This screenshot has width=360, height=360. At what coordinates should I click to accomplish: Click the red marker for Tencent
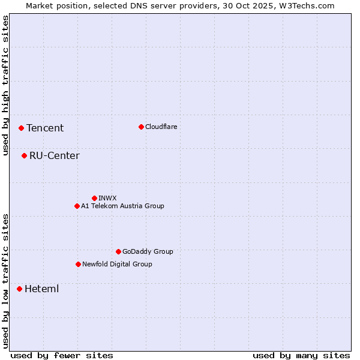coord(21,128)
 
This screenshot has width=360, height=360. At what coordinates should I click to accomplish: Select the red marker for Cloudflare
coord(141,127)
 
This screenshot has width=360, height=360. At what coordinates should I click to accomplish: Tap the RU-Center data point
coord(24,155)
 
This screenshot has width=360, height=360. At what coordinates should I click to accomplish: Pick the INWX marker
coord(94,198)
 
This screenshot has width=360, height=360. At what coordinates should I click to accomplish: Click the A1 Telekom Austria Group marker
coord(77,206)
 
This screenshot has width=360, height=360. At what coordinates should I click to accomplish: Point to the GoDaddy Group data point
coord(118,251)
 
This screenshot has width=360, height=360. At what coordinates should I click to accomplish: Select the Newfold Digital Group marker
coord(78,264)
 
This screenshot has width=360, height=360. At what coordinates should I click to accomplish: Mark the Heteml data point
coord(19,289)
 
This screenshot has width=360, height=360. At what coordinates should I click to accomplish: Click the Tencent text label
coord(45,128)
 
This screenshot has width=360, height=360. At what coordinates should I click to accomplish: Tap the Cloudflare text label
coord(161,127)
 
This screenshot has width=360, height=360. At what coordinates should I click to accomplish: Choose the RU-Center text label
coord(54,156)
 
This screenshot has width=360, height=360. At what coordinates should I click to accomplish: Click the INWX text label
coord(107,198)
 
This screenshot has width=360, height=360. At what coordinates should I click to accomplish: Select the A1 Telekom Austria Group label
coord(122,206)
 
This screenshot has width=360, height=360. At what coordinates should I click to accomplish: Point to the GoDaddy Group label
coord(147,251)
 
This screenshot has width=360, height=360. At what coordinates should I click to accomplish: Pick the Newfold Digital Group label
coord(117,264)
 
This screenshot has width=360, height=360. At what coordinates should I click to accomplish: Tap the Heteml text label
coord(41,289)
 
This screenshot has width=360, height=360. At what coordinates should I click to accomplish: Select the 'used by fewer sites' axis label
coord(62,355)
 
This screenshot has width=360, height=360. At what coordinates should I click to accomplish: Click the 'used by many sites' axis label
coord(301,355)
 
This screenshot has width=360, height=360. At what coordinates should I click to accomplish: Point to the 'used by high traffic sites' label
coord(5,85)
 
